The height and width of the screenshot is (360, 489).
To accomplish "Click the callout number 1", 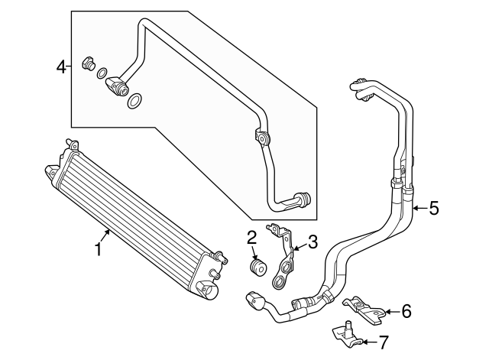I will pos(97,248).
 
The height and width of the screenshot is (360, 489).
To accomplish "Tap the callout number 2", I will pos(251,237).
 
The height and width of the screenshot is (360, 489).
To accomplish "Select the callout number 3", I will pos(313,243).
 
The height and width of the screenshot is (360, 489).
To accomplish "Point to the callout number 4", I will pos(62,67).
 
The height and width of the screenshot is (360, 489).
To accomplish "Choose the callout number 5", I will pos(433,208).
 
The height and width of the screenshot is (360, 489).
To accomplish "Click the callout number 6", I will pos(406,310).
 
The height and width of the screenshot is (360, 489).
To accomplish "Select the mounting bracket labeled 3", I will pos(285,260).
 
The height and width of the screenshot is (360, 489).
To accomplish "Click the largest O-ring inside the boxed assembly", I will pos(134,101).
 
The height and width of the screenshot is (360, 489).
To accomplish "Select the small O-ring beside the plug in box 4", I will pos(102,74).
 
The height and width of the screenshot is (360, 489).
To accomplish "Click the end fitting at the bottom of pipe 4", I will pos(303,200).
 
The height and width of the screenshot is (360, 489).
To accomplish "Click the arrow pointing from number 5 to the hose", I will pos(419,208).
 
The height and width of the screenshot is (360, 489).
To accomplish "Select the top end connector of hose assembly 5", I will pos(361,89).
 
